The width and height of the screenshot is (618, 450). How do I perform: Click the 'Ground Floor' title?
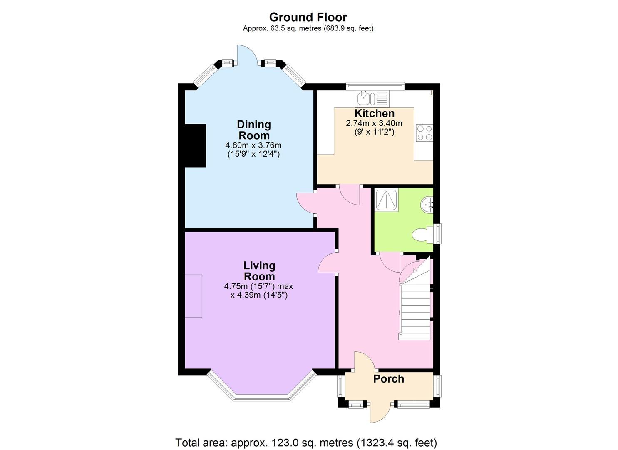point(308,17)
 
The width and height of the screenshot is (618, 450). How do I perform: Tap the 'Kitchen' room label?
point(374,113)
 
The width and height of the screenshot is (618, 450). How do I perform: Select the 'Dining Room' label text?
point(254,130)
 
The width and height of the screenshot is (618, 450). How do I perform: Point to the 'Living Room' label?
point(259,271)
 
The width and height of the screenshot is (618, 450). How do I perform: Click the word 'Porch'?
point(388,379)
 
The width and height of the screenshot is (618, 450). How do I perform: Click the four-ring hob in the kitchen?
point(424,132)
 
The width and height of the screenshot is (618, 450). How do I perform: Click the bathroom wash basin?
point(427,205)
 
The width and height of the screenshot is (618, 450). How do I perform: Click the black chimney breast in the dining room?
point(195,145)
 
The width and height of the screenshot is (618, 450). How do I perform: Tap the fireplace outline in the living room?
point(194,296)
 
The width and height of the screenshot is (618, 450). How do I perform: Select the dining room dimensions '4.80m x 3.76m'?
point(253,145)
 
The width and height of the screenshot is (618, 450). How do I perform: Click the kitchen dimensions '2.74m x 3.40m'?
point(374,123)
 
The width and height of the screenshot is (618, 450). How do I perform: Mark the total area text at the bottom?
point(306,442)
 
